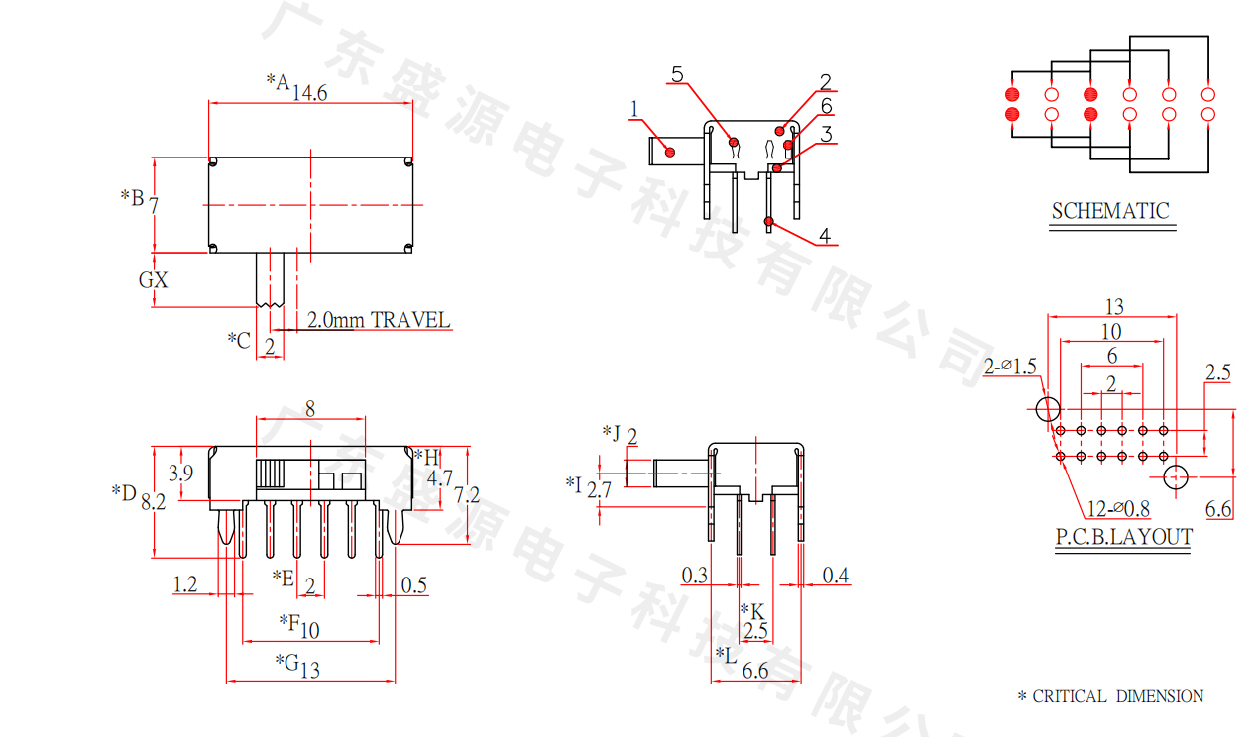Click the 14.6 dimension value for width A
tap(309, 92)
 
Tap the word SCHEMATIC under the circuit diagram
tap(1110, 211)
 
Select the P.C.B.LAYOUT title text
tap(1123, 537)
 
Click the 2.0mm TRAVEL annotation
tap(378, 320)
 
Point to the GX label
tap(153, 280)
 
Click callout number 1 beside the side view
tap(634, 108)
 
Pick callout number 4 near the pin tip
tap(825, 236)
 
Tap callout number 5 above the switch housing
tap(677, 74)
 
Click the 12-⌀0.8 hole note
tap(1117, 509)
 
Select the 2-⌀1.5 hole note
tap(1010, 367)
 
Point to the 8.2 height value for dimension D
tap(153, 502)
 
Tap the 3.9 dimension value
tap(180, 474)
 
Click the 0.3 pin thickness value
tap(695, 575)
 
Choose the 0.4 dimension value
tap(836, 575)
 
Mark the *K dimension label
tap(752, 611)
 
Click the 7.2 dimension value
tap(466, 494)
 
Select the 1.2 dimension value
tap(185, 584)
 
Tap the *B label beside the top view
tap(132, 196)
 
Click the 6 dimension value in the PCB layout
tap(1111, 356)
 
